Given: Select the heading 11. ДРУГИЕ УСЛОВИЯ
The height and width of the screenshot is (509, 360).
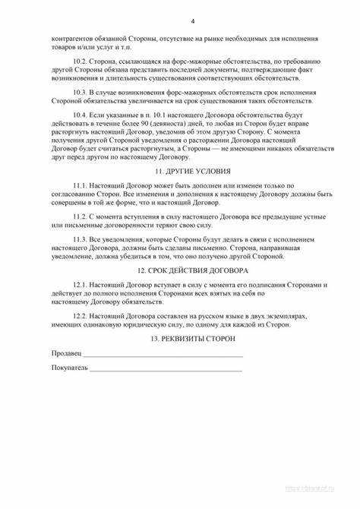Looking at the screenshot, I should tap(180, 173).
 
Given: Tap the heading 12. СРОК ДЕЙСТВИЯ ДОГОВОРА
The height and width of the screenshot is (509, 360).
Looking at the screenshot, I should tap(180, 270).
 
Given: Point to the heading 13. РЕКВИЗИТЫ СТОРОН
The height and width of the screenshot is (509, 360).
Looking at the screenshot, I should tap(180, 337).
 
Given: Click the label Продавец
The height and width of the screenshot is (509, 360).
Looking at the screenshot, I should tap(66, 354).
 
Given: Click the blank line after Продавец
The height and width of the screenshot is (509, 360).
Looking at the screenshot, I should tap(163, 356).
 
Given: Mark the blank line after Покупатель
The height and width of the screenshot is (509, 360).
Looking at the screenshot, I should tap(166, 371).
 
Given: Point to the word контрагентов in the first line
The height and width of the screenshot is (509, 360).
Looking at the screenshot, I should tap(72, 38).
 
